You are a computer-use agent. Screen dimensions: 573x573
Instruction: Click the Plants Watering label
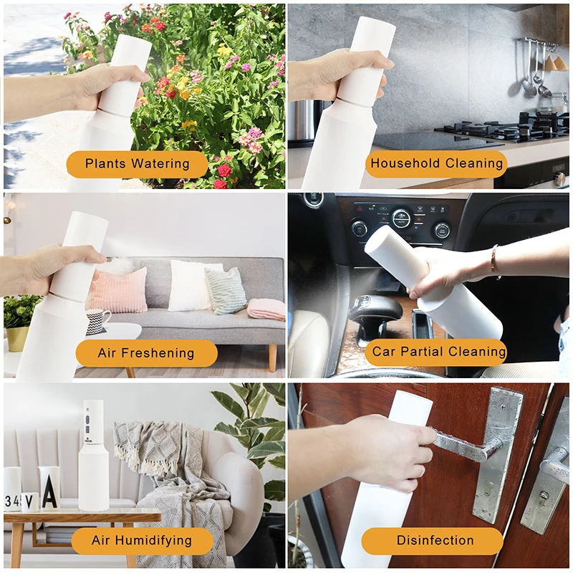click(x=138, y=164)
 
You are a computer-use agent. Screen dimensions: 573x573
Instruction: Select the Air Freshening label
click(x=145, y=353)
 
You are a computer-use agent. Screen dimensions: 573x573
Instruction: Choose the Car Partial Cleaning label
click(x=438, y=352)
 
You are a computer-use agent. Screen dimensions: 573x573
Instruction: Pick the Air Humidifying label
click(x=142, y=541)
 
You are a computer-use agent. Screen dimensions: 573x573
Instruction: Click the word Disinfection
click(x=435, y=541)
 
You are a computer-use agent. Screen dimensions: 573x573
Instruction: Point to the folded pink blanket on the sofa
click(x=266, y=309)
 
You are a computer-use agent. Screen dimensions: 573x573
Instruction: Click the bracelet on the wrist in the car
click(x=494, y=261)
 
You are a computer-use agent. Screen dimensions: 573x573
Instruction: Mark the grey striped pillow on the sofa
click(x=226, y=290)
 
